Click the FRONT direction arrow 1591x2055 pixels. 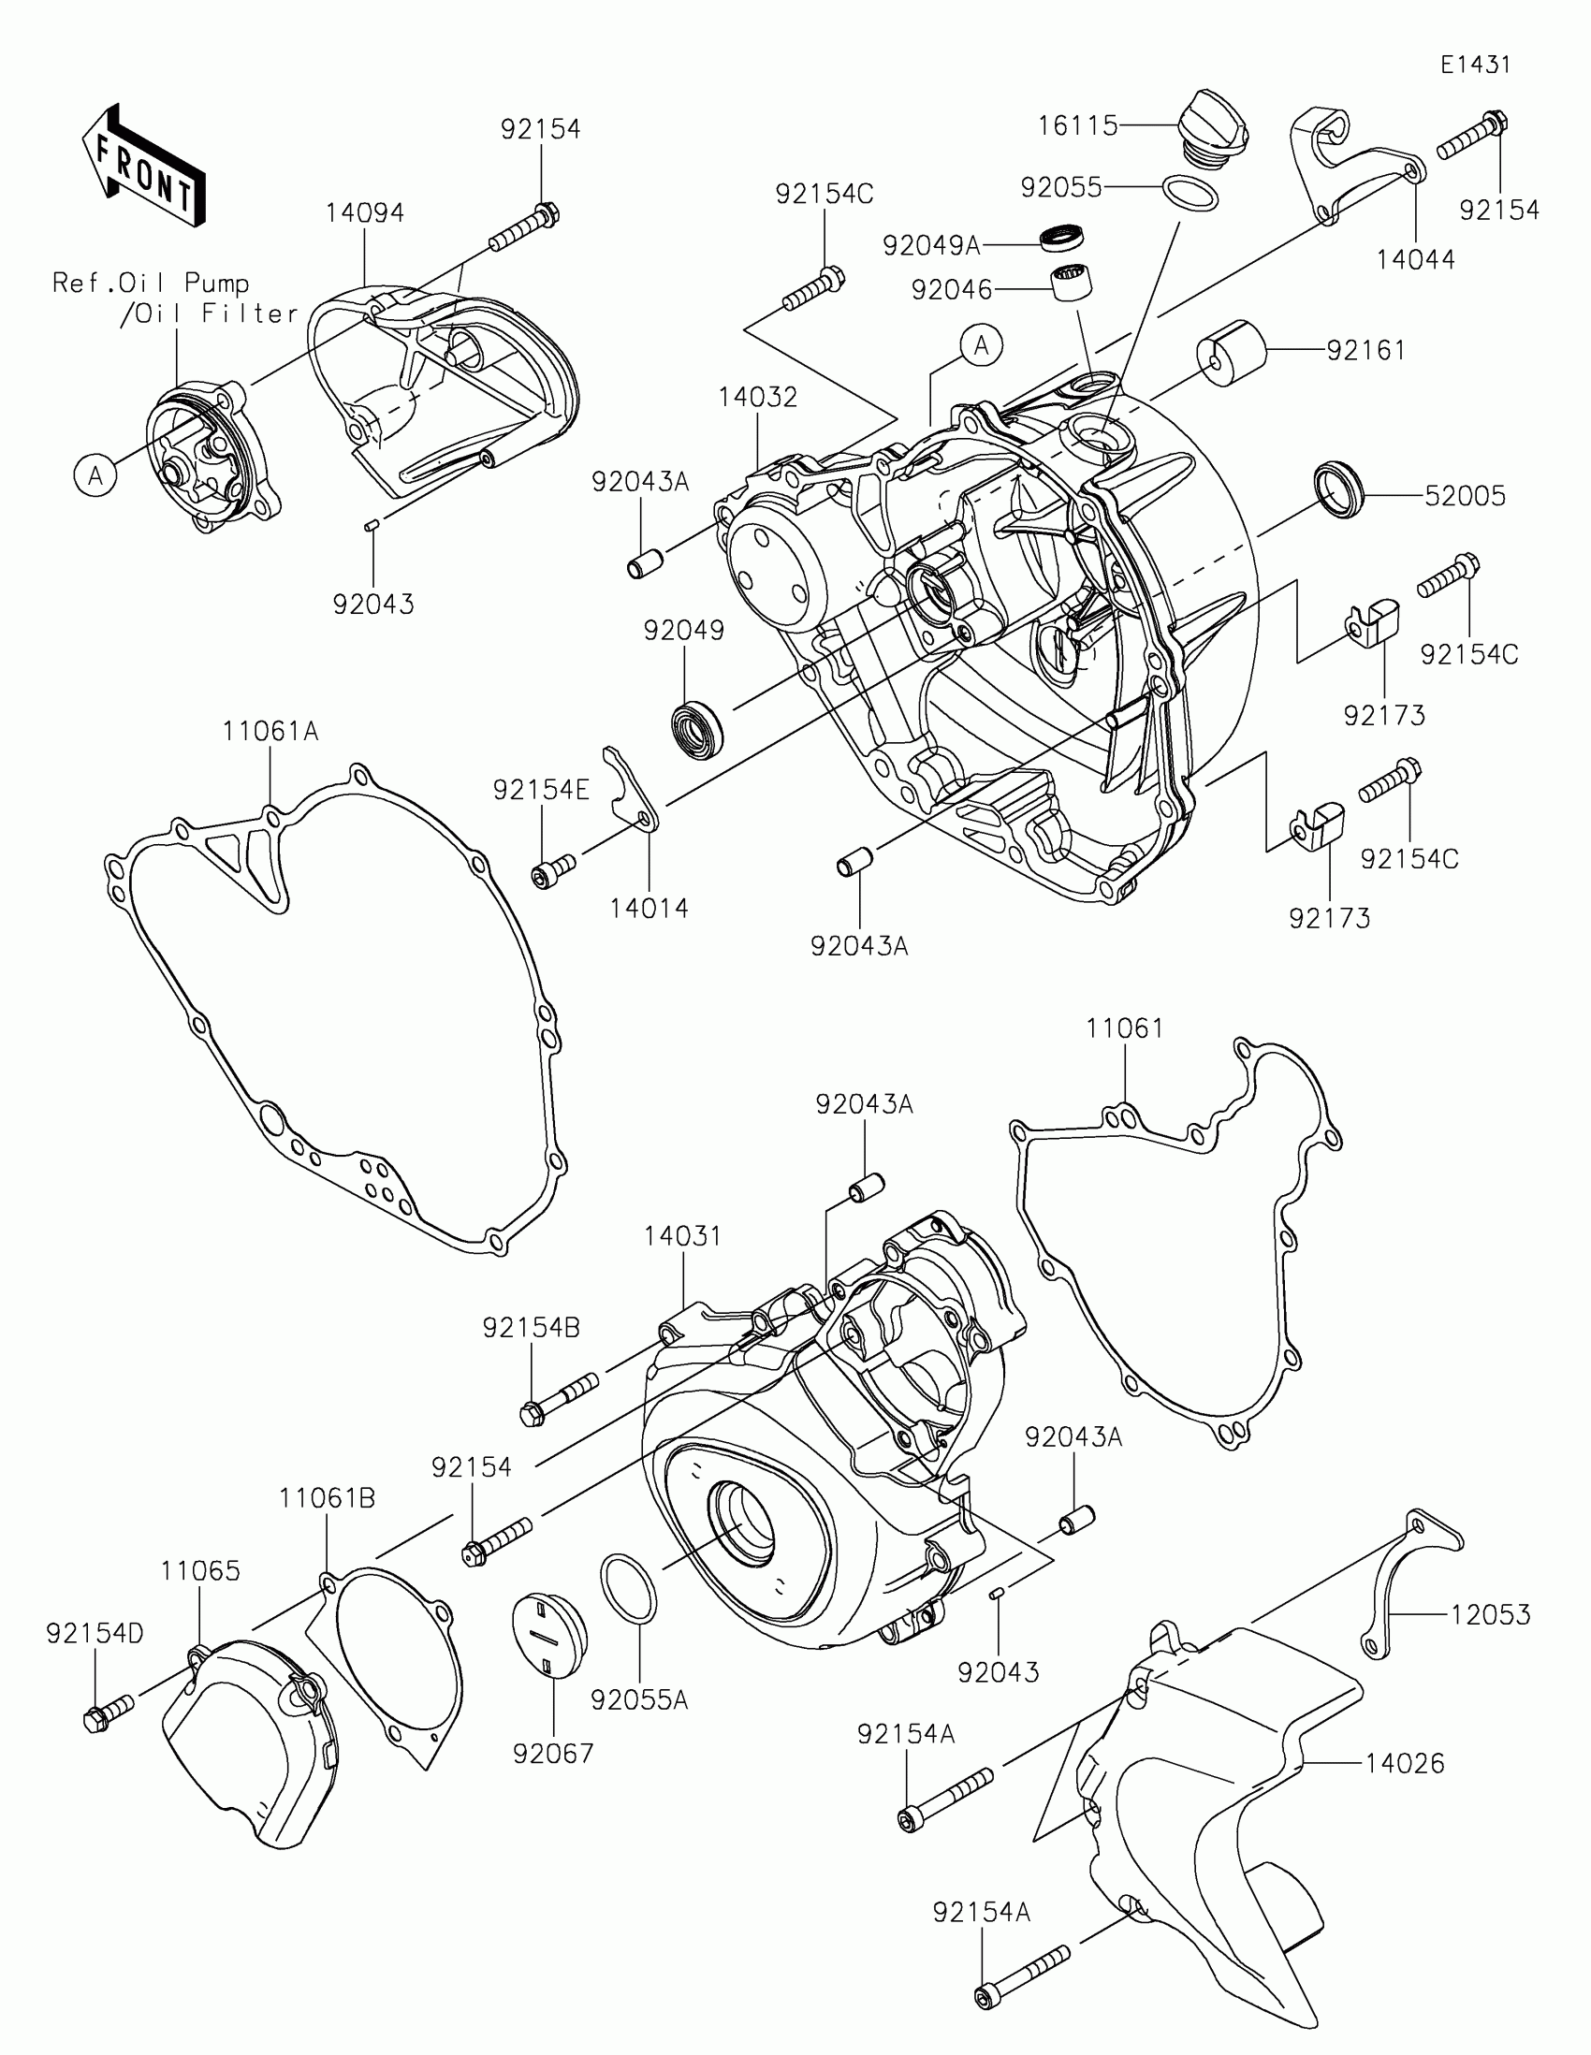pyautogui.click(x=142, y=166)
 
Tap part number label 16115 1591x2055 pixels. pyautogui.click(x=1077, y=125)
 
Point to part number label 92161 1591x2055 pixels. pyautogui.click(x=1366, y=351)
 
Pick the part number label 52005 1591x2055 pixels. pyautogui.click(x=1465, y=496)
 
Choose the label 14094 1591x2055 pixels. pyautogui.click(x=365, y=213)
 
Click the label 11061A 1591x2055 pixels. pyautogui.click(x=271, y=731)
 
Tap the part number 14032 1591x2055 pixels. pyautogui.click(x=757, y=397)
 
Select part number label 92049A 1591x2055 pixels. pyautogui.click(x=931, y=246)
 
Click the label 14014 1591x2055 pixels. pyautogui.click(x=650, y=908)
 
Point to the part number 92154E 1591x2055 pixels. pyautogui.click(x=541, y=791)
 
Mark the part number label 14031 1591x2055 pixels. pyautogui.click(x=683, y=1235)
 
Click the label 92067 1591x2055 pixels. pyautogui.click(x=553, y=1753)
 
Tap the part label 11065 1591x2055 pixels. pyautogui.click(x=200, y=1570)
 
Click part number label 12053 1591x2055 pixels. pyautogui.click(x=1490, y=1613)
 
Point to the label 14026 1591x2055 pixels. pyautogui.click(x=1405, y=1762)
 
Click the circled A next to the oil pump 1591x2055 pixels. pyautogui.click(x=95, y=476)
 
